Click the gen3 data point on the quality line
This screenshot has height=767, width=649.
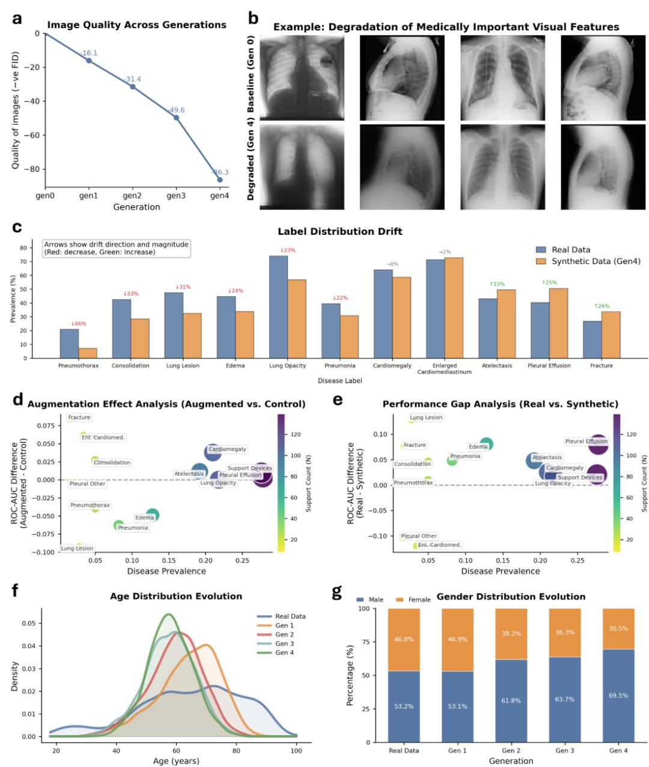point(177,118)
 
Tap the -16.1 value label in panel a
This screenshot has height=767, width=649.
point(89,53)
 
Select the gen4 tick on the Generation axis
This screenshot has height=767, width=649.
point(220,196)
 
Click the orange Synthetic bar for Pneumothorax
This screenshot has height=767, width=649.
point(88,353)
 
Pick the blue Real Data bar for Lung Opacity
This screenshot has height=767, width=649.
point(278,306)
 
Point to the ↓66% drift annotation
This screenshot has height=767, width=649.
point(78,324)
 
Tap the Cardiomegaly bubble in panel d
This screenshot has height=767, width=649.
point(213,452)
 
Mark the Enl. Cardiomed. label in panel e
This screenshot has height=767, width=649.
point(439,545)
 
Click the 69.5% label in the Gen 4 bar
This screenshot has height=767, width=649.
point(619,696)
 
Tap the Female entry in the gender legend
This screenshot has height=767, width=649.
point(419,599)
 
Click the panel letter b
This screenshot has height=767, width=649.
point(254,19)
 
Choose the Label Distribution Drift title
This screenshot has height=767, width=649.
point(340,231)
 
